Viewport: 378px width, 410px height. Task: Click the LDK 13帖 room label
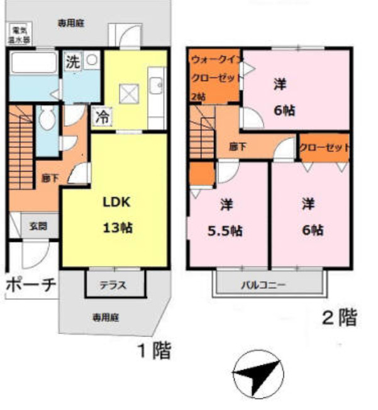pyautogui.click(x=118, y=214)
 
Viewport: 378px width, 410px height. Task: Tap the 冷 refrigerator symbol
pyautogui.click(x=101, y=116)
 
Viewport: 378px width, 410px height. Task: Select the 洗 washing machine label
pyautogui.click(x=74, y=62)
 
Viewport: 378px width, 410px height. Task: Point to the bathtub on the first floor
pyautogui.click(x=33, y=64)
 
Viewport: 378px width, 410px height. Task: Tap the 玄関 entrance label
pyautogui.click(x=35, y=226)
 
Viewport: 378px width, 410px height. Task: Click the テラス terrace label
pyautogui.click(x=113, y=285)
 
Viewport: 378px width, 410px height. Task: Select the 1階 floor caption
pyautogui.click(x=155, y=350)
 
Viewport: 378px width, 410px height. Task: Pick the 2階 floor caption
pyautogui.click(x=339, y=318)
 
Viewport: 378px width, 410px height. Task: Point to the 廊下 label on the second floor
pyautogui.click(x=237, y=147)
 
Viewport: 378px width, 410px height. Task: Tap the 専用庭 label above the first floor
pyautogui.click(x=71, y=23)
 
